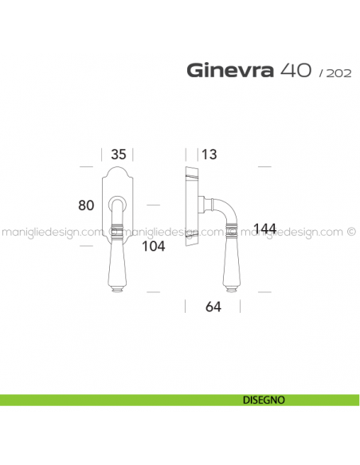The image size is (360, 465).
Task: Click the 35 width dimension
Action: point(119,154)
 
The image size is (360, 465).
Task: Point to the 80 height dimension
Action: point(87,205)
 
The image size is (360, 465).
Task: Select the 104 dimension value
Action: point(151,246)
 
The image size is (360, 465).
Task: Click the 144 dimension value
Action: point(264,229)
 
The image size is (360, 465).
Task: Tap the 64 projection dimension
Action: point(211,307)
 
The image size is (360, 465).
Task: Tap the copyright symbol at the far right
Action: point(351,232)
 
